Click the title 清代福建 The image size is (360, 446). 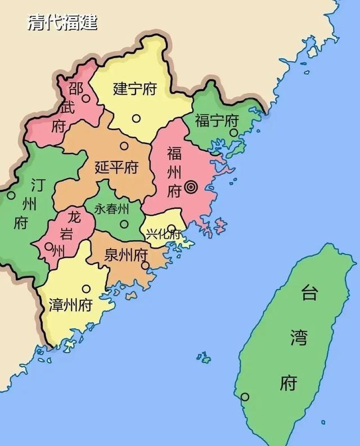coord(62,22)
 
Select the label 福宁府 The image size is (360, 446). coord(217,120)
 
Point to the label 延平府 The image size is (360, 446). coord(116,168)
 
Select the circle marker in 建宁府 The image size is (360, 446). coord(136,118)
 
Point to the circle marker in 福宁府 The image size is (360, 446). coord(233,133)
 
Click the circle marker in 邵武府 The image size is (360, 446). coord(85,98)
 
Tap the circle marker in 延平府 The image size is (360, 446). coord(124,146)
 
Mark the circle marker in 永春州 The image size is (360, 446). coord(124,223)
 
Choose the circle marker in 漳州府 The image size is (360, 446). coord(86,289)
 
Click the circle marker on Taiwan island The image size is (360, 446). coord(245,397)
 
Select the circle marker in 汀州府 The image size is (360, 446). coord(11,196)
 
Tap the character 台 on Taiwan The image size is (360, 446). coord(309,294)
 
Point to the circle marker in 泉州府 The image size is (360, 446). coord(145,265)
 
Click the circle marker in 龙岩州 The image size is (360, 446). coord(49,246)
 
